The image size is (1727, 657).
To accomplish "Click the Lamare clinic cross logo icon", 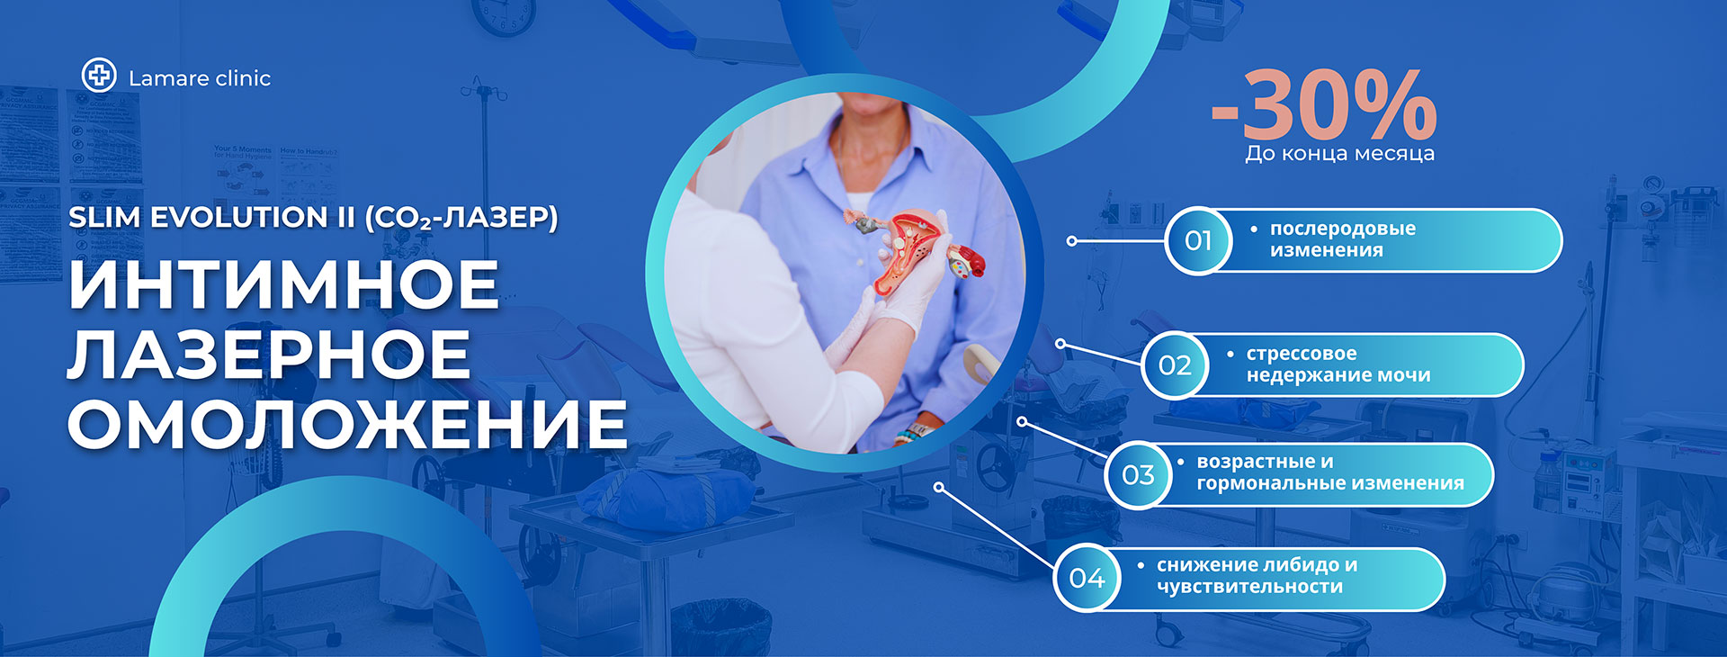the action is pyautogui.click(x=99, y=75).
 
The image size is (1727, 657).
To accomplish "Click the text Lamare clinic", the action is pyautogui.click(x=200, y=78).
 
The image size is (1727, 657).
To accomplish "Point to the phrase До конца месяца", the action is pyautogui.click(x=1339, y=153).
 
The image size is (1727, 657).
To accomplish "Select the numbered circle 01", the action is pyautogui.click(x=1198, y=240).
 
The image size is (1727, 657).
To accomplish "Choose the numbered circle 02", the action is pyautogui.click(x=1175, y=364).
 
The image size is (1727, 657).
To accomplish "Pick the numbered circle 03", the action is pyautogui.click(x=1138, y=474).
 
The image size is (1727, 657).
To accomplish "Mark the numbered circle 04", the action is pyautogui.click(x=1087, y=578).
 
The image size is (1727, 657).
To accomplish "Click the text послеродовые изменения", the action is pyautogui.click(x=1342, y=239).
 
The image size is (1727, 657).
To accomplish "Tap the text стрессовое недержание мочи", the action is pyautogui.click(x=1338, y=364).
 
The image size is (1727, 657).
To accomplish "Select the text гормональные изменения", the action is pyautogui.click(x=1330, y=483).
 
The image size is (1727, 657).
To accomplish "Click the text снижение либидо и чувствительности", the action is pyautogui.click(x=1257, y=576).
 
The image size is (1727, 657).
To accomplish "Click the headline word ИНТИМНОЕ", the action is pyautogui.click(x=283, y=284).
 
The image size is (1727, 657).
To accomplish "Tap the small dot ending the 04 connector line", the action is pyautogui.click(x=939, y=487).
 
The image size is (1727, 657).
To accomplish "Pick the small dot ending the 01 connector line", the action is pyautogui.click(x=1071, y=241).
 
